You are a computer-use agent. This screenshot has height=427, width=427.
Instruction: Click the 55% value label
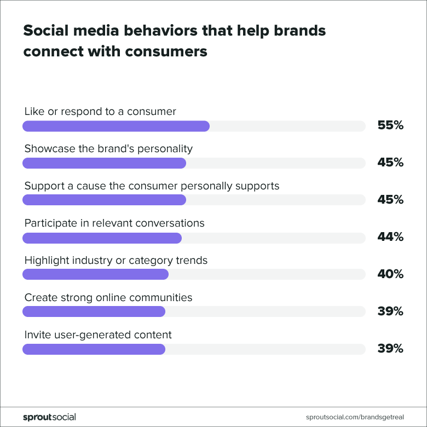tap(390, 125)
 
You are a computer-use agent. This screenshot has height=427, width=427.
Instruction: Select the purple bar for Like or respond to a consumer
tap(116, 126)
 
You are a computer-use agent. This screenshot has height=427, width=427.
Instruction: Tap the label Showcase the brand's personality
tap(108, 148)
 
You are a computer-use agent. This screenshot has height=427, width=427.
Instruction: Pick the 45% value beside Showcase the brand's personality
tap(390, 163)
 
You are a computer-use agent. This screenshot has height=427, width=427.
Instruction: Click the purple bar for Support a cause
tap(104, 200)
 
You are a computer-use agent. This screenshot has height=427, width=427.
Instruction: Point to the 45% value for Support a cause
tap(390, 200)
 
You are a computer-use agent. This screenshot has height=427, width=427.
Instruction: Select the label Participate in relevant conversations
tap(114, 223)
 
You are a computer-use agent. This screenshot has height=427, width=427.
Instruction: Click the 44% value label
tap(390, 237)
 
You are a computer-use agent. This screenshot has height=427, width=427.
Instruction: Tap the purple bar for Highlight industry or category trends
tap(95, 275)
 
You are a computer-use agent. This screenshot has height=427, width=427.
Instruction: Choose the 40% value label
tap(390, 274)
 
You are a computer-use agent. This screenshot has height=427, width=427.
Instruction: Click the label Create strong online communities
tap(108, 298)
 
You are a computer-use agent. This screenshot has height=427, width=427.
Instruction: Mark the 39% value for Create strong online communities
tap(390, 311)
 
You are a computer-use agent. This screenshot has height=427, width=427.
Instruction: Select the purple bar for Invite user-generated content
tap(94, 349)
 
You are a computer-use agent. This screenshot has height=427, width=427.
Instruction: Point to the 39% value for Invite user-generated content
tap(390, 349)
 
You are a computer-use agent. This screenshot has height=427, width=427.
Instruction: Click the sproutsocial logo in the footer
tap(49, 417)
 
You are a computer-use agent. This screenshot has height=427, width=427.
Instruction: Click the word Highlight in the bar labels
tap(47, 261)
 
